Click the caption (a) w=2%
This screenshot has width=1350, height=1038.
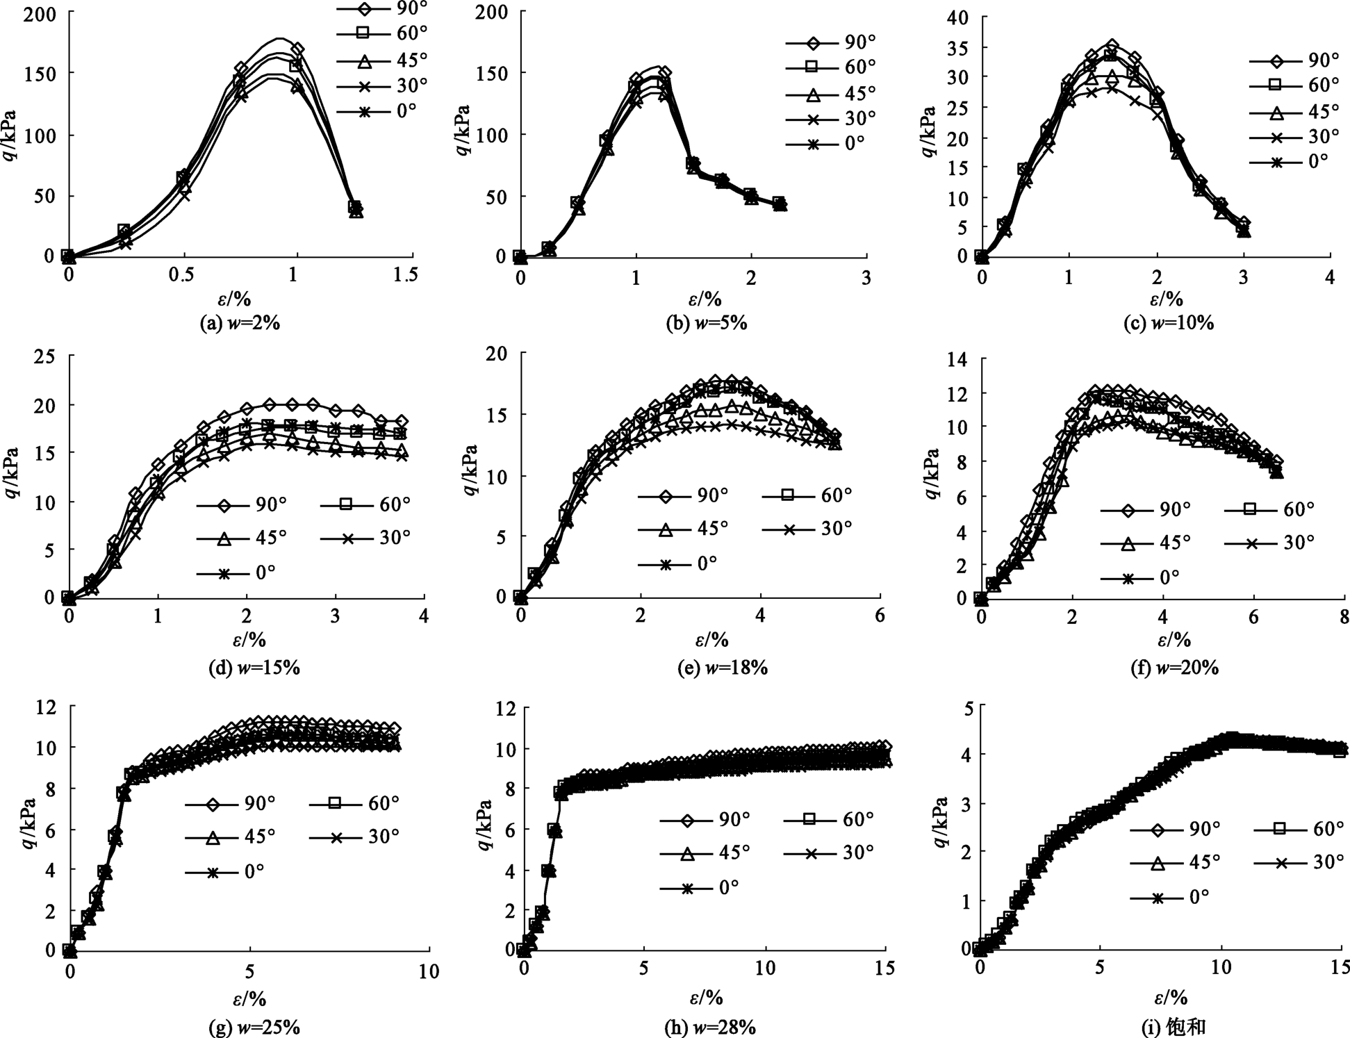pos(240,323)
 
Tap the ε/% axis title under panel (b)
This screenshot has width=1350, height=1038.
pos(705,299)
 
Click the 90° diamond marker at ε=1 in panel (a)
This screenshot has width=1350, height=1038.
pos(297,49)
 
